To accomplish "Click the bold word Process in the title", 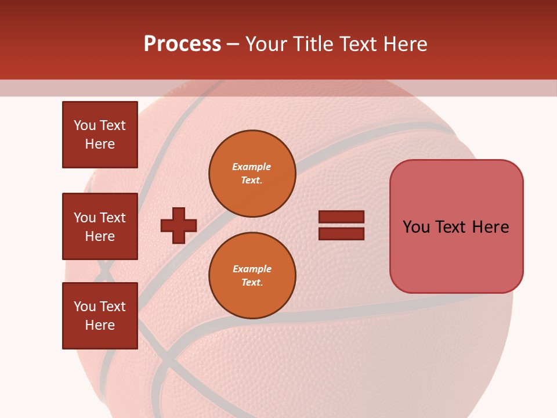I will click(x=182, y=44).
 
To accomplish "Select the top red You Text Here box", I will click(x=100, y=135).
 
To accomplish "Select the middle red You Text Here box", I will click(x=100, y=226).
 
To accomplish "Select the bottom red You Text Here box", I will click(x=100, y=316).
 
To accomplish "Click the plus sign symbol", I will click(x=179, y=225).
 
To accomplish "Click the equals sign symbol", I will click(x=341, y=225).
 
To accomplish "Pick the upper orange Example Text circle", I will click(x=252, y=174).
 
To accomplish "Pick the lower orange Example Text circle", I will click(x=252, y=276).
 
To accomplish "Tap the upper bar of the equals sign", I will click(x=341, y=217).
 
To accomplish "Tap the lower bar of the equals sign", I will click(x=341, y=233).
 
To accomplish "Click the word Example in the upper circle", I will click(x=252, y=167).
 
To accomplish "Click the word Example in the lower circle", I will click(x=252, y=269).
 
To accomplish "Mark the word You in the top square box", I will click(x=85, y=125).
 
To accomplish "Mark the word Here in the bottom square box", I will click(x=100, y=325).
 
